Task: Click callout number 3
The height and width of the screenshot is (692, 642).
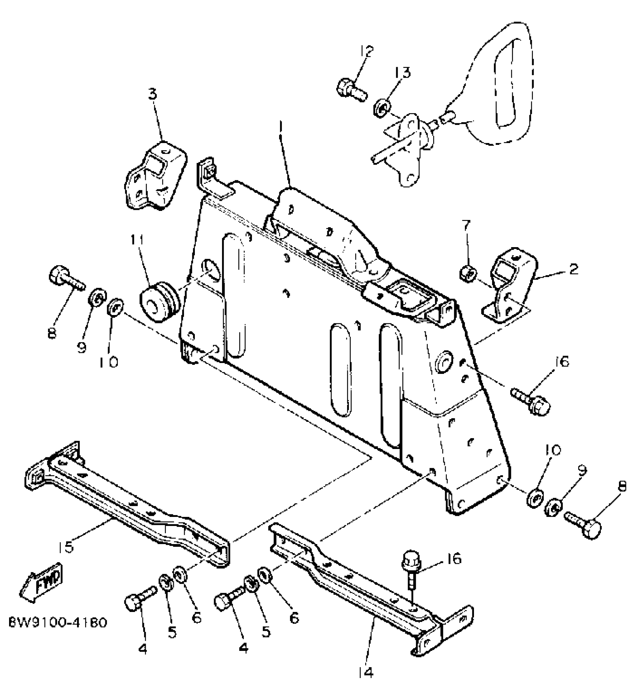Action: click(x=152, y=94)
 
